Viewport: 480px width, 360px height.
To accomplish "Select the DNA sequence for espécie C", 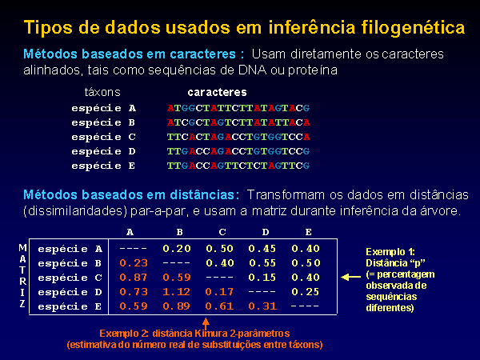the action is point(238,137).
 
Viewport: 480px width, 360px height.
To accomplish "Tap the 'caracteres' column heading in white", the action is point(217,92).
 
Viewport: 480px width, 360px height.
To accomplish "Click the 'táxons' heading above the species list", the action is point(102,92).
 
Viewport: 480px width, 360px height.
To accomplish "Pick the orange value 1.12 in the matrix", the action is point(177,292).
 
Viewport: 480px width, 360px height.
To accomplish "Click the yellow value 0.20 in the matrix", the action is point(177,249).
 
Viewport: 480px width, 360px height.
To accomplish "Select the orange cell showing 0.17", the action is point(219,292).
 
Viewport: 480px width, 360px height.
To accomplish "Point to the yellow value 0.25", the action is point(306,292).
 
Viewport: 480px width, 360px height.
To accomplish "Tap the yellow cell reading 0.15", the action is point(262,278).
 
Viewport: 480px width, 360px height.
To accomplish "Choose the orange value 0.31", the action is point(262,306).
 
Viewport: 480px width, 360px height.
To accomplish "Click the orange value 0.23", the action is point(134,263).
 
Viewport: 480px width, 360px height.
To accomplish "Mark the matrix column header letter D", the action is point(266,232).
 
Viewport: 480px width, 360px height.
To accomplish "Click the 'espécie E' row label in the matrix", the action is point(70,306).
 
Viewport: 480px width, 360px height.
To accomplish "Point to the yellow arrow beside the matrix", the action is point(351,278).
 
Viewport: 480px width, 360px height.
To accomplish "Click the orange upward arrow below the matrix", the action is point(206,323).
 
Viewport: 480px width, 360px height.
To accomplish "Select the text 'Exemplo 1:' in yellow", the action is point(390,252).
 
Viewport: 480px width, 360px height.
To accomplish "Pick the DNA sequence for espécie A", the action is point(238,108).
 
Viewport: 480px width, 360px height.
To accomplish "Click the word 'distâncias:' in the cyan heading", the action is point(205,194).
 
